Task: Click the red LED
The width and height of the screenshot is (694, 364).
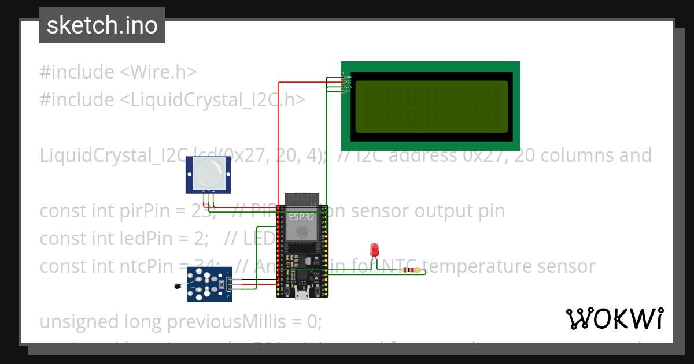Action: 375,250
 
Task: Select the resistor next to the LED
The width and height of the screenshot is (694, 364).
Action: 411,270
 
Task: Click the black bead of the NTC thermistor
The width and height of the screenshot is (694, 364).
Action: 178,285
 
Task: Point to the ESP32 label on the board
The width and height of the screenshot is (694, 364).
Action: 301,218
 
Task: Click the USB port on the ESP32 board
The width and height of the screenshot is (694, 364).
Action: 301,295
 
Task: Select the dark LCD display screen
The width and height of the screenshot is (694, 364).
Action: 431,107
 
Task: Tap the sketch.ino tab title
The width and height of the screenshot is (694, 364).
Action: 102,25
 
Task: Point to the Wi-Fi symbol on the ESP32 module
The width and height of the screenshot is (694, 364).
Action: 301,232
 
